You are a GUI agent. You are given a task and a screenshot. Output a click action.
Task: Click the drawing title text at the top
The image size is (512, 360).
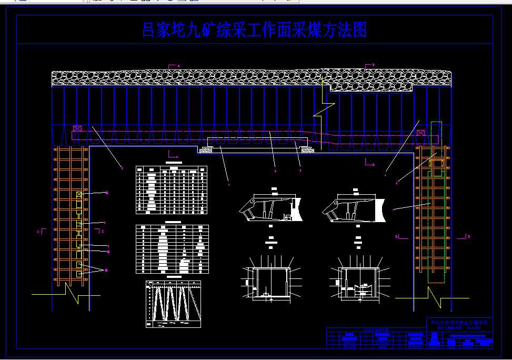click(x=255, y=30)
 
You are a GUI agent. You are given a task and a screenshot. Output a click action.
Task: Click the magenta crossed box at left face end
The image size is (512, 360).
click(x=77, y=128)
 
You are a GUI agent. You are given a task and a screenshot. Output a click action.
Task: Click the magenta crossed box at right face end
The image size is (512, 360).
click(x=420, y=133)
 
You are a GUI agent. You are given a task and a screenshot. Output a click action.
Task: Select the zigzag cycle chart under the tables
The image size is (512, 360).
click(x=173, y=304)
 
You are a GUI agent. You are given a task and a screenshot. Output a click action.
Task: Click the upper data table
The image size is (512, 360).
click(x=172, y=189)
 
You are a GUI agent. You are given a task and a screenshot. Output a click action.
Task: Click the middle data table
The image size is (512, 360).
click(x=173, y=249)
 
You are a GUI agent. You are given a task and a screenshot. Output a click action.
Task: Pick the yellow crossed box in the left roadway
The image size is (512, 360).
click(x=79, y=195)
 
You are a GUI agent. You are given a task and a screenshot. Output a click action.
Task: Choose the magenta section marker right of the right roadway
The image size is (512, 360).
click(x=466, y=236)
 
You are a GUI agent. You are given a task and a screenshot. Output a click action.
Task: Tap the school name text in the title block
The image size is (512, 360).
click(x=459, y=322)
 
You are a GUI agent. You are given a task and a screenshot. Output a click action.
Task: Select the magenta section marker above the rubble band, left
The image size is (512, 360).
click(x=172, y=66)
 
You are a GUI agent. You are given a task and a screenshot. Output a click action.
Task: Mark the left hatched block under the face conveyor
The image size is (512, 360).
click(x=205, y=150)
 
